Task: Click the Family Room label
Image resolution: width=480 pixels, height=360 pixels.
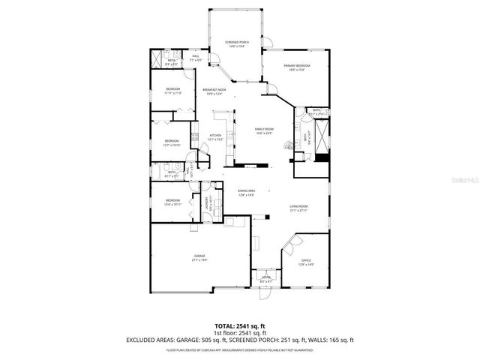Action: pyautogui.click(x=264, y=130)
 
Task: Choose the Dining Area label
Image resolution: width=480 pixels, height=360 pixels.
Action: pyautogui.click(x=247, y=193)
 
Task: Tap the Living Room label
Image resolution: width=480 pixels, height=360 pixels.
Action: pyautogui.click(x=299, y=208)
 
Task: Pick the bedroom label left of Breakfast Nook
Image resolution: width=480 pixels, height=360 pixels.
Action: pyautogui.click(x=173, y=91)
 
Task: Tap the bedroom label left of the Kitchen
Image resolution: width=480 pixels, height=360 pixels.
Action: pyautogui.click(x=172, y=142)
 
